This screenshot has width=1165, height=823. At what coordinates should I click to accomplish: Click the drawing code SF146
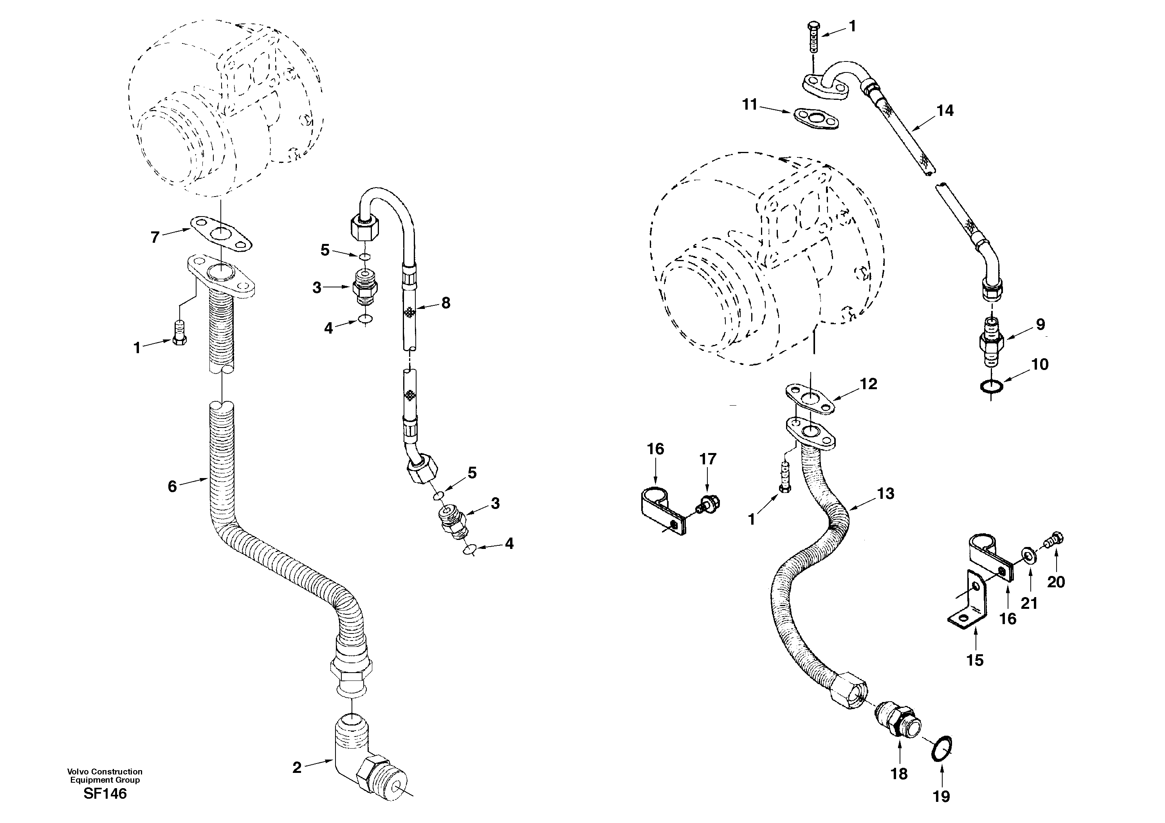(x=105, y=794)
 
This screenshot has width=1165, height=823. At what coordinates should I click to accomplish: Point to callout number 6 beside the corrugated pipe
(x=173, y=487)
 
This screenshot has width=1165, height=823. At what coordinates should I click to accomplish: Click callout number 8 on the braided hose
(x=445, y=303)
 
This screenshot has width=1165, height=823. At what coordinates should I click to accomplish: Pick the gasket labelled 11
(x=815, y=119)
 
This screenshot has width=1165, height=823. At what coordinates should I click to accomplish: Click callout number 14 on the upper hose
(x=945, y=111)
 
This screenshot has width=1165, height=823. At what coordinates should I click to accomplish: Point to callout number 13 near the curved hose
(x=885, y=493)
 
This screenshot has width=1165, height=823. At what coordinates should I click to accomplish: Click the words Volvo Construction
(x=105, y=771)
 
